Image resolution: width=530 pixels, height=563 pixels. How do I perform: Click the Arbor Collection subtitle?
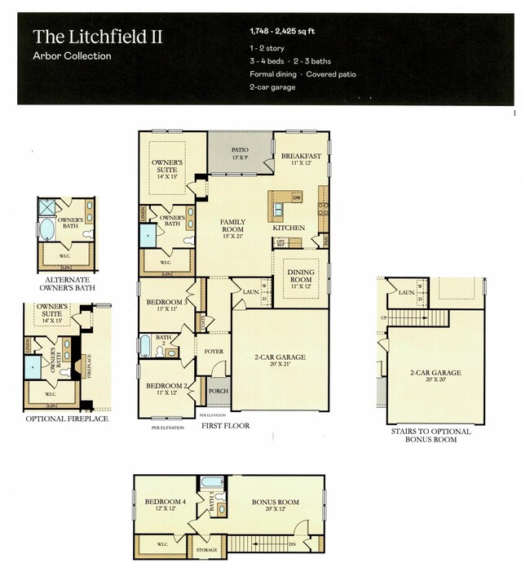(x=72, y=56)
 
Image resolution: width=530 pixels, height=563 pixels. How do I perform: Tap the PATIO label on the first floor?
(x=240, y=150)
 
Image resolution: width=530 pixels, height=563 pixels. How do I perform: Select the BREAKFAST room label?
(x=301, y=155)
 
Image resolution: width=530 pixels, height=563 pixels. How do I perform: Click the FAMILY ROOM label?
(x=232, y=226)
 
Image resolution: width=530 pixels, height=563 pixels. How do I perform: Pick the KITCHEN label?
(x=289, y=228)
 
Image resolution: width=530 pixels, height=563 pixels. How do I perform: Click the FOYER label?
(x=214, y=352)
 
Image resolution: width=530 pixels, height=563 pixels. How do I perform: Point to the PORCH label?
(x=218, y=390)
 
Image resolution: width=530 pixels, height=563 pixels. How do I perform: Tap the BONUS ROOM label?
(x=275, y=502)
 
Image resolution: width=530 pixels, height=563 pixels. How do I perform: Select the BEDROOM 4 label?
(x=166, y=501)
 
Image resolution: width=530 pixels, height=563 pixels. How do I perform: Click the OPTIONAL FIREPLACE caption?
(x=67, y=419)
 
